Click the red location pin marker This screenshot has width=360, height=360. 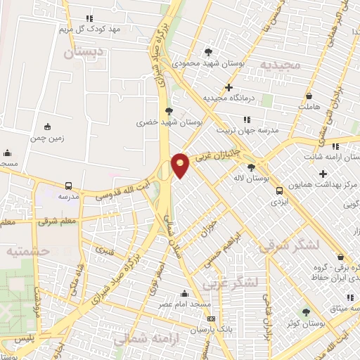click(x=181, y=165)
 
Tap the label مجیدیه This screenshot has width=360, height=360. click(x=281, y=65)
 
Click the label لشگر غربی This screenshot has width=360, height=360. click(x=231, y=283)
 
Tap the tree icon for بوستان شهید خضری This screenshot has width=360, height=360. click(x=168, y=110)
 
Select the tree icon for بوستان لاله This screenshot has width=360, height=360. click(x=251, y=167)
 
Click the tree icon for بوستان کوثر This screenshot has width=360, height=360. click(x=306, y=311)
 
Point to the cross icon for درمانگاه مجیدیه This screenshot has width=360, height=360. click(x=228, y=88)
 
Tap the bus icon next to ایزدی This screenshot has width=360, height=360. click(x=280, y=190)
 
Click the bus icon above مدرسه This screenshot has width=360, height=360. click(x=68, y=186)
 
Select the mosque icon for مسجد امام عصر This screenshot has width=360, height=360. click(x=185, y=293)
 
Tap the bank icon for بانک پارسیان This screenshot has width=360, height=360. click(x=211, y=319)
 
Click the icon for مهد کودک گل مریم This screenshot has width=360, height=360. click(x=89, y=18)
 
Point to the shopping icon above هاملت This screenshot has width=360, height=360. click(x=309, y=95)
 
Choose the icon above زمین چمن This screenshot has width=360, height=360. click(x=47, y=127)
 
